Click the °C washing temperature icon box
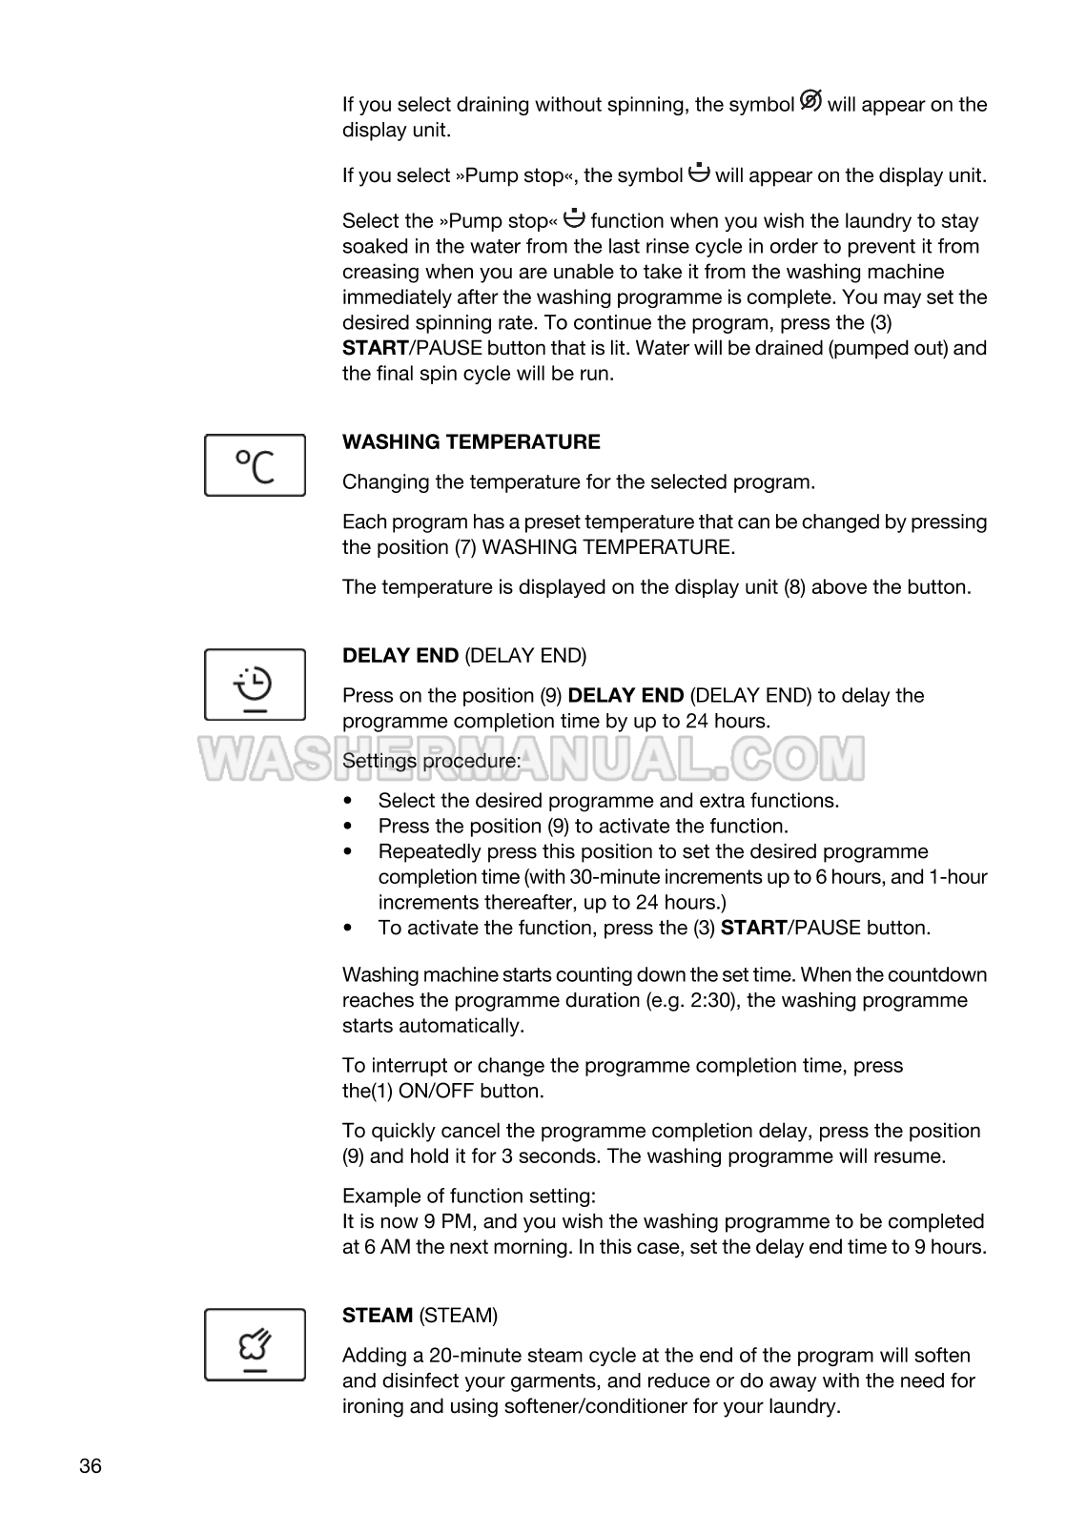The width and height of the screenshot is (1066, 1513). [255, 465]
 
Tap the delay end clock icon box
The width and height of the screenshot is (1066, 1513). [255, 685]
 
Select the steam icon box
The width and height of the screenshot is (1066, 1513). [255, 1344]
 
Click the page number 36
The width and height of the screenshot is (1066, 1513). [91, 1466]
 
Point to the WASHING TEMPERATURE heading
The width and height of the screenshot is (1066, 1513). [471, 442]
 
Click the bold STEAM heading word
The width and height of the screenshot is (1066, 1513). [377, 1316]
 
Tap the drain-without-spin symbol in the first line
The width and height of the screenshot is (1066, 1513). [810, 100]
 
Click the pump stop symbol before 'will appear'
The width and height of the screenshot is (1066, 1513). [699, 173]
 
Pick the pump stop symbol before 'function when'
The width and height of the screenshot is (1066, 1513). [574, 218]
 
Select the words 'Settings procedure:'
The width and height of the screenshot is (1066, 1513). [432, 761]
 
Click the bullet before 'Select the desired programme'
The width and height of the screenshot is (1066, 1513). [351, 801]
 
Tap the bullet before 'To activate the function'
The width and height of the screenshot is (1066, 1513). [351, 928]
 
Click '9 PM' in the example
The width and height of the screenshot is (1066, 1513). [461, 1221]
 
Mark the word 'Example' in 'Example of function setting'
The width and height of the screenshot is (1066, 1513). [379, 1196]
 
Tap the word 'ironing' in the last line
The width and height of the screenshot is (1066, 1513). [375, 1406]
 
